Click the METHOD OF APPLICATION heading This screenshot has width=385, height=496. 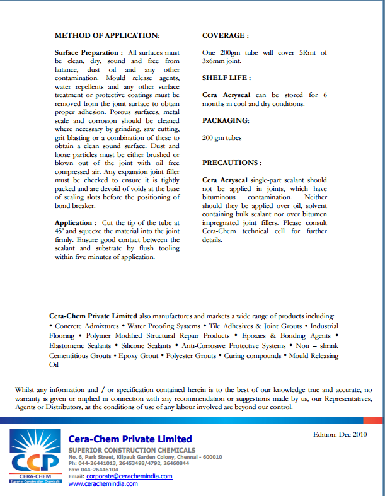[107, 36]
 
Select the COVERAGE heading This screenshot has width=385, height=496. [225, 36]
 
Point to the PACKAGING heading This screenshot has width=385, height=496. [226, 120]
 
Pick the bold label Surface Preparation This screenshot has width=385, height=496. [88, 52]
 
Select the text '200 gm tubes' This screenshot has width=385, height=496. [222, 137]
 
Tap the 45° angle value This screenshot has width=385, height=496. [60, 231]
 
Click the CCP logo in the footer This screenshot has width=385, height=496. [35, 456]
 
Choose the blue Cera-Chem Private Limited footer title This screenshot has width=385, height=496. [130, 439]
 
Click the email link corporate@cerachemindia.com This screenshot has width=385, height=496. [129, 476]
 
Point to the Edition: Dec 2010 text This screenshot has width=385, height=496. [340, 435]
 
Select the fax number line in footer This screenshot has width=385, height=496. [93, 470]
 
